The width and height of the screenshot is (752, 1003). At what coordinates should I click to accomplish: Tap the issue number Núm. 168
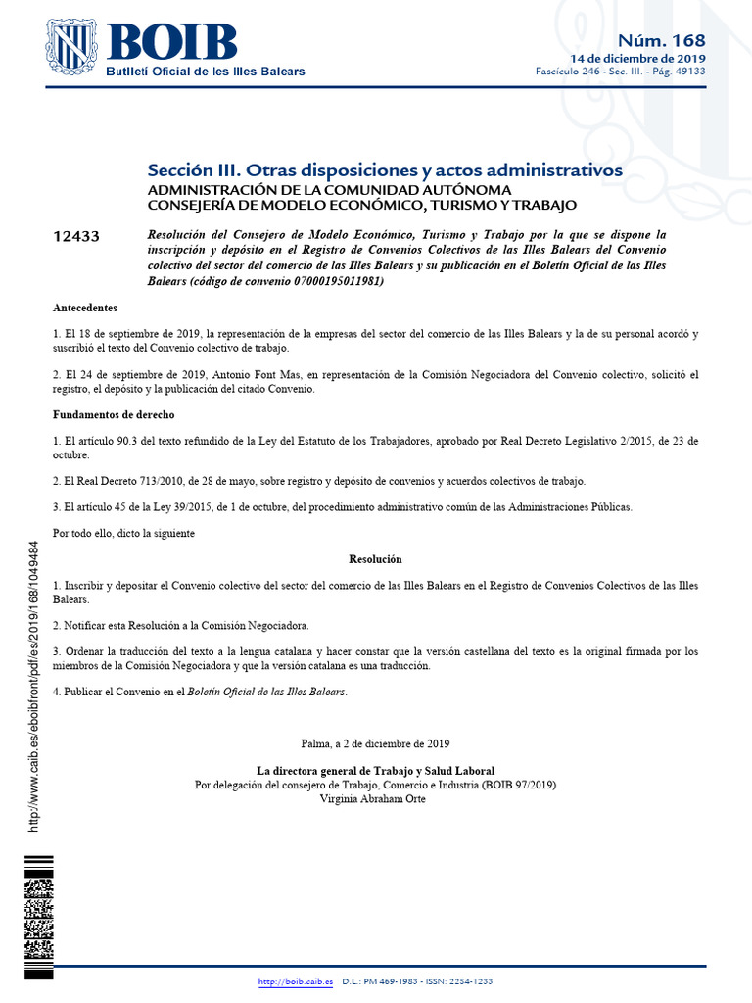tap(661, 39)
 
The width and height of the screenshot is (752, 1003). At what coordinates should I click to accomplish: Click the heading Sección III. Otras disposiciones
tap(384, 169)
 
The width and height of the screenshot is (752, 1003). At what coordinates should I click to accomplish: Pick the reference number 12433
tap(76, 237)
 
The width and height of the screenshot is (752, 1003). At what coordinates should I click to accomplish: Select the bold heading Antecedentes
tap(85, 308)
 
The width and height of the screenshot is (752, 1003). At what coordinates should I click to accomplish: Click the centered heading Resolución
tap(375, 559)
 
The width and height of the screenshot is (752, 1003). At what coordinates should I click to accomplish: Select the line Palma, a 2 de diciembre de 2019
tap(375, 743)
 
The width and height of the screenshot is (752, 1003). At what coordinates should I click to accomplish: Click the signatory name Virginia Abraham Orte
tap(373, 798)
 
